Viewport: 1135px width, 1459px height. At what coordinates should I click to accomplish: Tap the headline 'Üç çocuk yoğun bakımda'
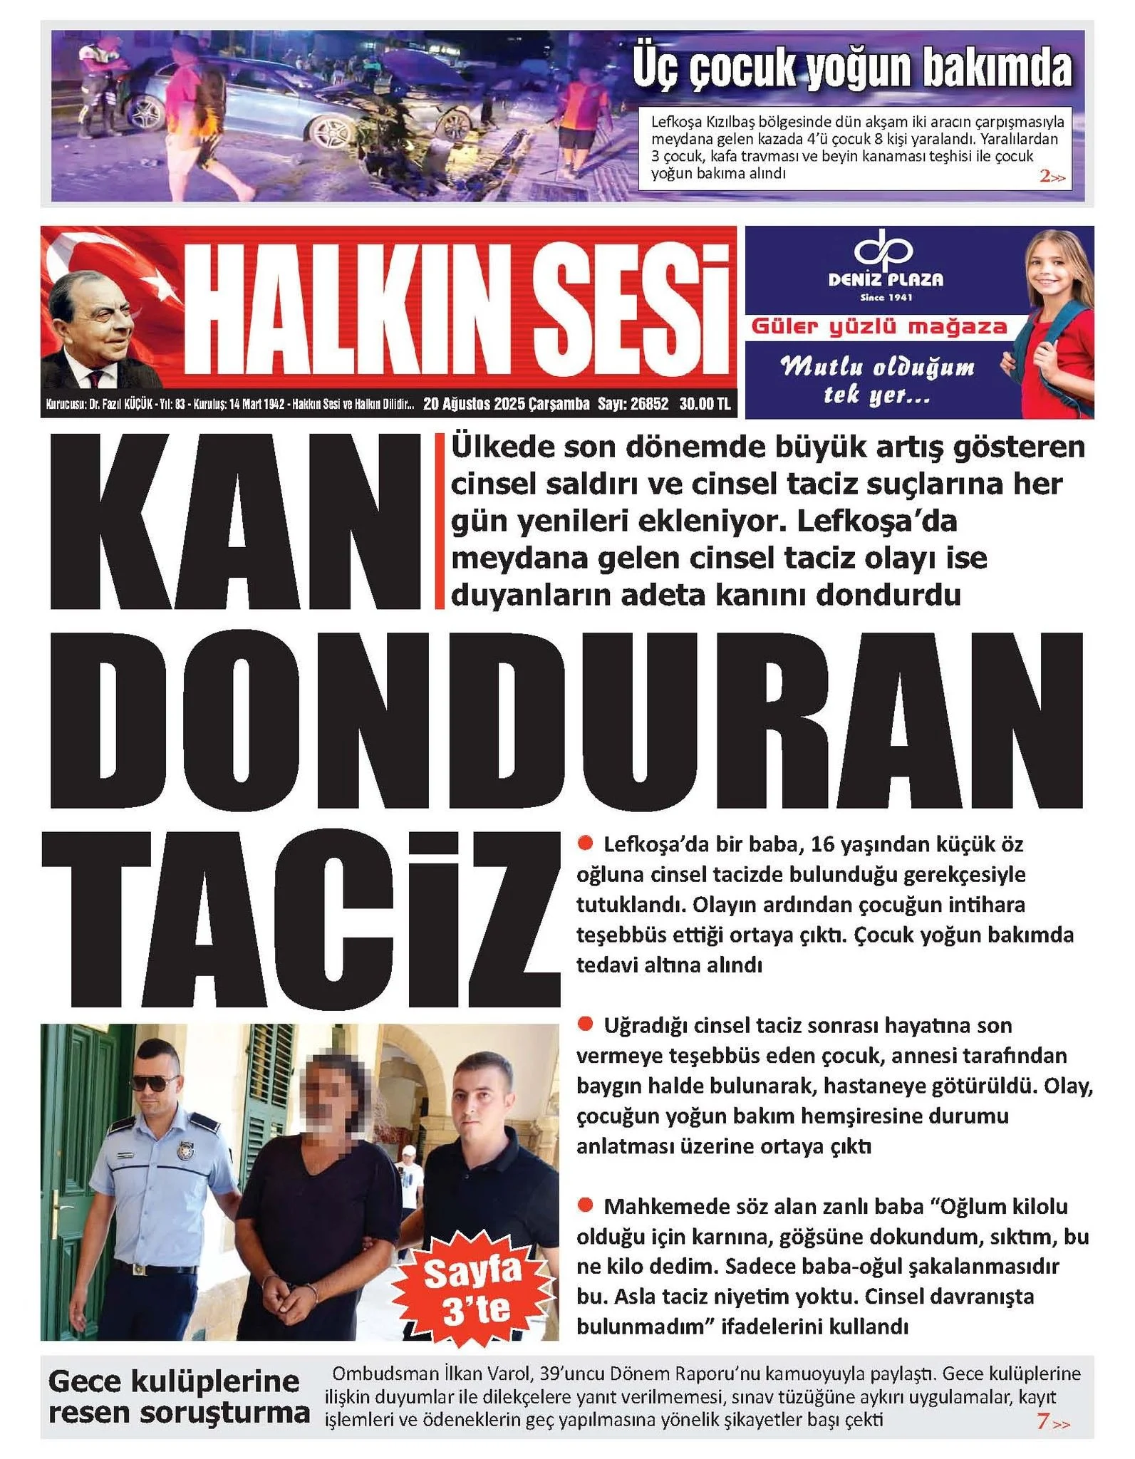(x=852, y=69)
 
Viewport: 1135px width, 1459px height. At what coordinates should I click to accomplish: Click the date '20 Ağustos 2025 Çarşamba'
(x=506, y=404)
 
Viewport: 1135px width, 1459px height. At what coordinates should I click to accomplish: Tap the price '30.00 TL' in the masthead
(x=705, y=404)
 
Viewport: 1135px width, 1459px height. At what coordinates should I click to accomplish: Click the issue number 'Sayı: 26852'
(x=633, y=404)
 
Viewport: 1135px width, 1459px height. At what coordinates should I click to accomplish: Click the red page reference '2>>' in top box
(x=1052, y=177)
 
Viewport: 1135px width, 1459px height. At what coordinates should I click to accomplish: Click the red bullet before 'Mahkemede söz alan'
(x=586, y=1205)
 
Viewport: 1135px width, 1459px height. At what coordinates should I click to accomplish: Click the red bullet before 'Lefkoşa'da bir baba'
(x=586, y=843)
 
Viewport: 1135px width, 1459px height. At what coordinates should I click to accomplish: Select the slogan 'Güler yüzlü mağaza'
(x=879, y=327)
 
